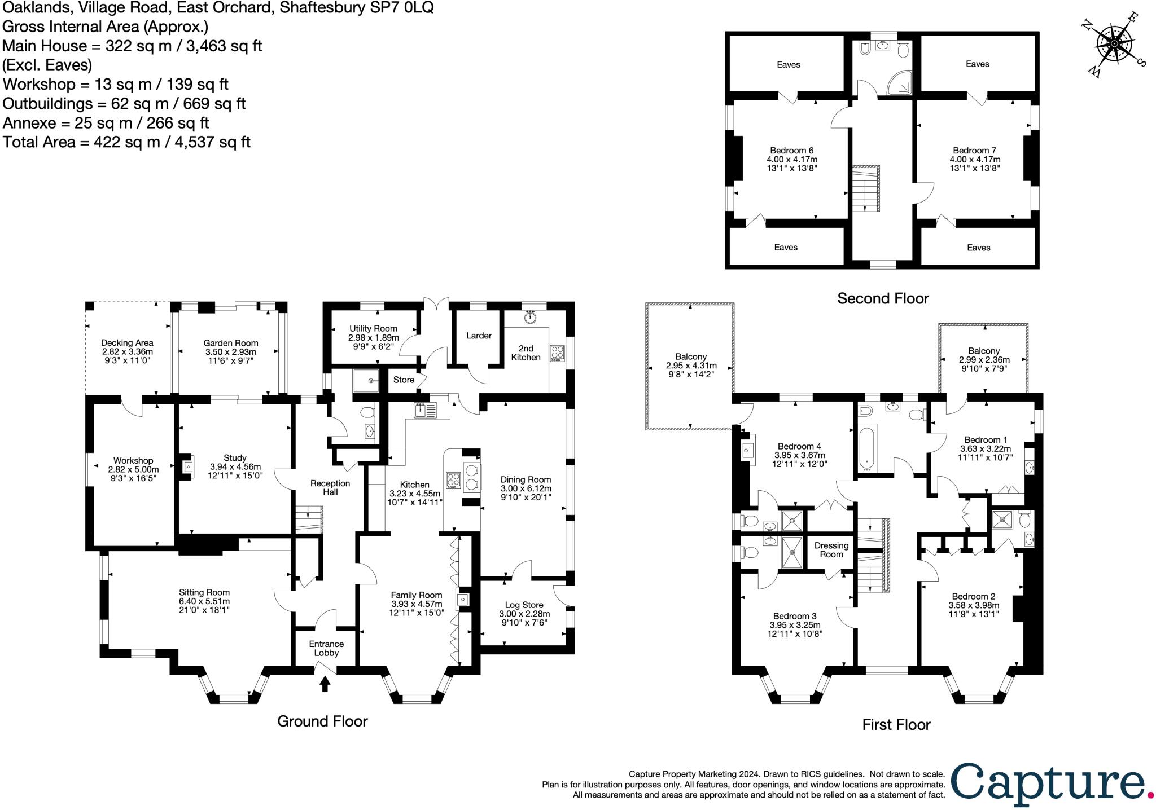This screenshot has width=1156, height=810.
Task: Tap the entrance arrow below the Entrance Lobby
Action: pyautogui.click(x=325, y=684)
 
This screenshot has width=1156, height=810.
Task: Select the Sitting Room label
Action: pyautogui.click(x=204, y=592)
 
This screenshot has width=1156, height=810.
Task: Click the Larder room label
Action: pyautogui.click(x=479, y=336)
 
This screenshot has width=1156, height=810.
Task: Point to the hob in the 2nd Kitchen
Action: pyautogui.click(x=557, y=353)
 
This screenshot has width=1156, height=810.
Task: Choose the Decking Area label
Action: pyautogui.click(x=127, y=342)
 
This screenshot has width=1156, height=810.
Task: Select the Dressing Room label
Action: pyautogui.click(x=831, y=549)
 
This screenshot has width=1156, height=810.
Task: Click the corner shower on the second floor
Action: pyautogui.click(x=899, y=83)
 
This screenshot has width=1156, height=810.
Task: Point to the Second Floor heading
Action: pyautogui.click(x=882, y=298)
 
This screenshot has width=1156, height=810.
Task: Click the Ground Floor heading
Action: pyautogui.click(x=322, y=721)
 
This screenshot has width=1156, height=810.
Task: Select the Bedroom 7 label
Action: pyautogui.click(x=974, y=151)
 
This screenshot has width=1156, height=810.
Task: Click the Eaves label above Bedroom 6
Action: pyautogui.click(x=788, y=64)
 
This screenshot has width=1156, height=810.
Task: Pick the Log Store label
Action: pyautogui.click(x=524, y=605)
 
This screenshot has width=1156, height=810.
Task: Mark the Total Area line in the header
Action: pyautogui.click(x=126, y=142)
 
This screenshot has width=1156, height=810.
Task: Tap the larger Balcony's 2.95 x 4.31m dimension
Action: pyautogui.click(x=691, y=366)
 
